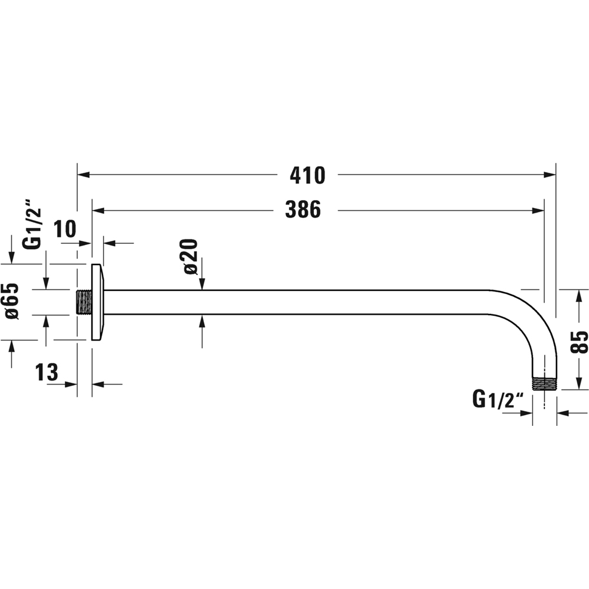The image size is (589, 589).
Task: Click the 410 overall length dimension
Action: [x=307, y=176]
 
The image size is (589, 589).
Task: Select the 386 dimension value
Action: [x=303, y=210]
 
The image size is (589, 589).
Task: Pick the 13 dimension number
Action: [x=47, y=372]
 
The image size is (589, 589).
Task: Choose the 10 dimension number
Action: [x=65, y=229]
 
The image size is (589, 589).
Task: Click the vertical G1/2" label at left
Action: [x=33, y=223]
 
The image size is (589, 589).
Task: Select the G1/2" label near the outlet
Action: [x=498, y=400]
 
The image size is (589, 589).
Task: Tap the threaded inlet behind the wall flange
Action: [x=84, y=302]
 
